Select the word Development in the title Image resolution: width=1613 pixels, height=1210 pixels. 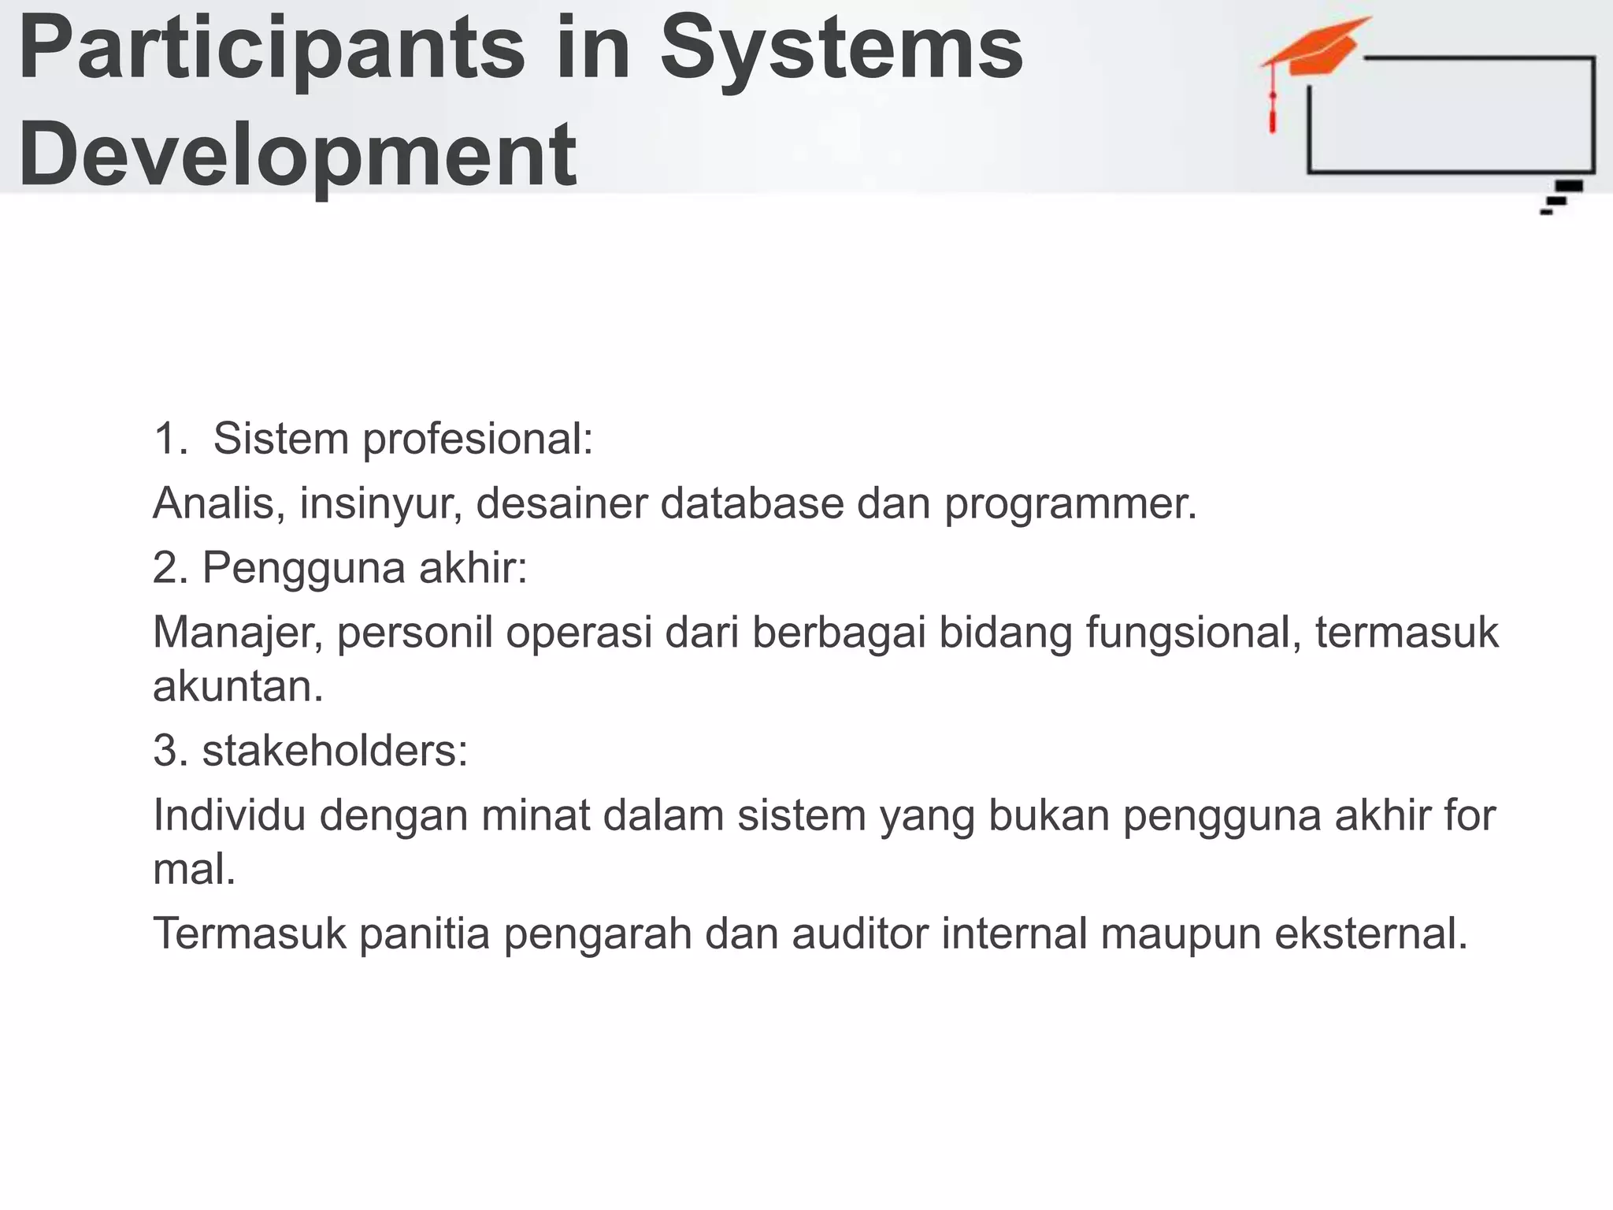(298, 154)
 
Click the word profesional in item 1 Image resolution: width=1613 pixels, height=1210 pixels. (477, 438)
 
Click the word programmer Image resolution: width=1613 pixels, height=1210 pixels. (1070, 504)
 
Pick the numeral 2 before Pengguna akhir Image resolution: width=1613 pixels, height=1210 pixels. (166, 567)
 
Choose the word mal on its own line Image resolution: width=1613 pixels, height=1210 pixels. (194, 870)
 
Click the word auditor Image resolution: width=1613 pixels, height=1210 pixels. (860, 933)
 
